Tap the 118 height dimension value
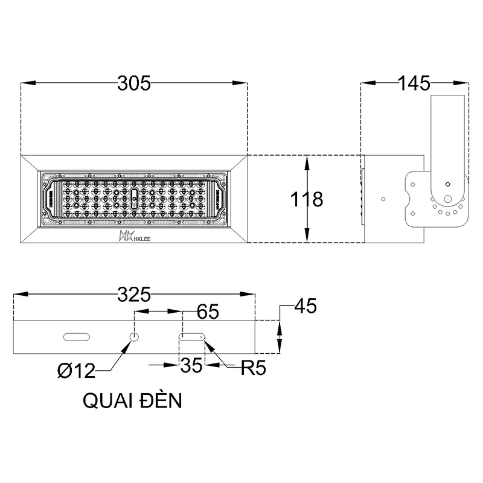(x=304, y=199)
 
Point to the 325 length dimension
(x=133, y=295)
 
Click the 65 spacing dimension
(x=208, y=313)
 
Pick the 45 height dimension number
(x=305, y=307)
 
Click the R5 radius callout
(x=253, y=368)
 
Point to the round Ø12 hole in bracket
(x=135, y=336)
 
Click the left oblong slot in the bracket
(x=77, y=336)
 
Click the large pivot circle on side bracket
(x=447, y=200)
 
